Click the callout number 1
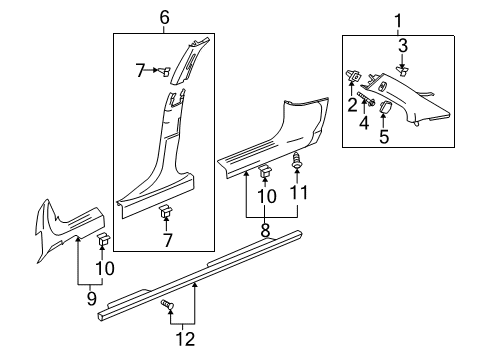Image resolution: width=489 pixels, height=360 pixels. [400, 20]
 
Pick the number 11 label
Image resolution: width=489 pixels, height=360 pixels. [297, 191]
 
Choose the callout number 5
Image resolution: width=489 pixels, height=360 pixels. [384, 135]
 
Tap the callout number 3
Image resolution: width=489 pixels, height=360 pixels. [403, 45]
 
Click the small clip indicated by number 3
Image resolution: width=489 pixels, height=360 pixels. [403, 69]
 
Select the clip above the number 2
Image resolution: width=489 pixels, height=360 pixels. [355, 75]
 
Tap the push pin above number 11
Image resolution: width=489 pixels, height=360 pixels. [296, 160]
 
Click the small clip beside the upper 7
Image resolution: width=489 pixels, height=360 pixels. [167, 69]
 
